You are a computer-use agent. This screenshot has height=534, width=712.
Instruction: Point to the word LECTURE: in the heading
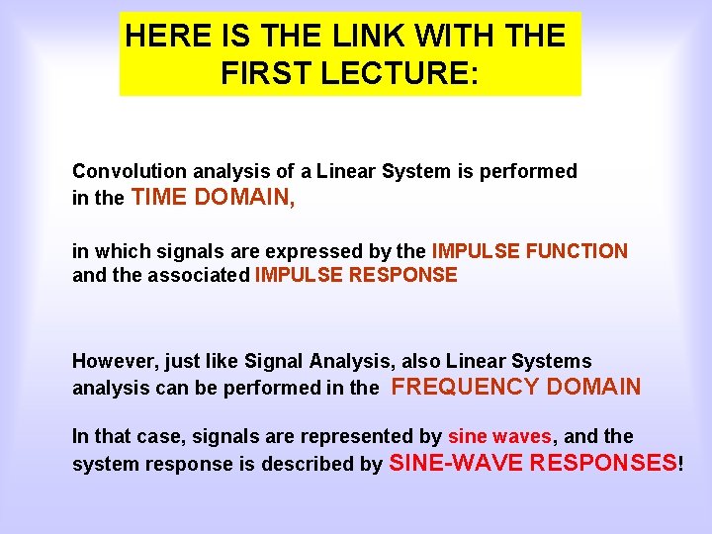[x=398, y=73]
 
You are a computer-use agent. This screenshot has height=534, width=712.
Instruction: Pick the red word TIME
[x=158, y=198]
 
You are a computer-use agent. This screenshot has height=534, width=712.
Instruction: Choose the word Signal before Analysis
[x=279, y=361]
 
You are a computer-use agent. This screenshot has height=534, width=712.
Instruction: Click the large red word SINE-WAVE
[x=457, y=463]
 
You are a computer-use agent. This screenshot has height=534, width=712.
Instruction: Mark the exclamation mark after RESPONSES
[x=680, y=463]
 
